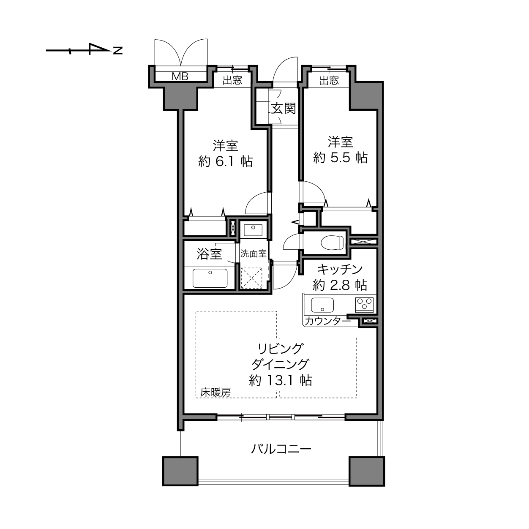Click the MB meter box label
coord(180,76)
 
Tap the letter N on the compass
coord(118,51)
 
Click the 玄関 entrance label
coord(284,109)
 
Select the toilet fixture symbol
coord(332,242)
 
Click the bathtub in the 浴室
coord(210,278)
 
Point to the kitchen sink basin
coord(322,305)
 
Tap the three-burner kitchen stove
coord(364,305)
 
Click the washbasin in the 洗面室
coord(253,229)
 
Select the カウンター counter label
coord(328,321)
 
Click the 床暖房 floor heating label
coord(215,392)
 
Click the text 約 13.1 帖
coord(281,381)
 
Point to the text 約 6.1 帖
coord(225,161)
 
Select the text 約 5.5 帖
coord(340,158)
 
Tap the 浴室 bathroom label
coord(210,254)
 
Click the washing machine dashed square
coord(251,278)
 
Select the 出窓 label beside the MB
coord(232,80)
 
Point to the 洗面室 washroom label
coord(254,254)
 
